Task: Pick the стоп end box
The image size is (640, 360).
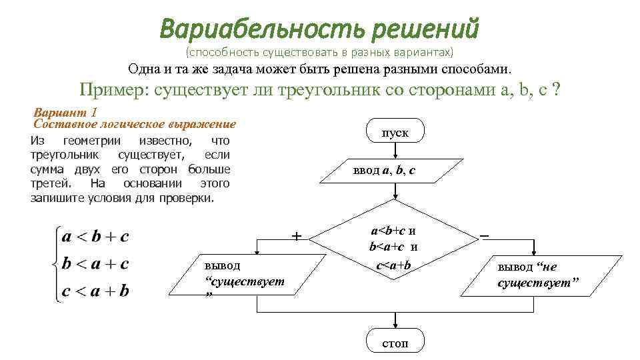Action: coord(395,343)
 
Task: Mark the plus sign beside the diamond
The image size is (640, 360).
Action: coord(297,235)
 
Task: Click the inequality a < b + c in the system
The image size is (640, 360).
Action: coord(95,237)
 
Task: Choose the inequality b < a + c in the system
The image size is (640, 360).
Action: coord(95,264)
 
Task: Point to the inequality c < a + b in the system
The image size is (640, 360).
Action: coord(95,291)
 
